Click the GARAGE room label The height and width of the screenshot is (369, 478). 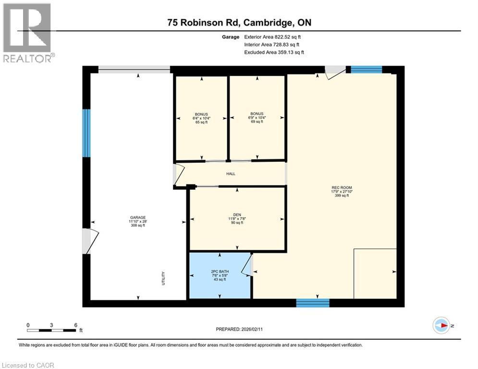click(137, 217)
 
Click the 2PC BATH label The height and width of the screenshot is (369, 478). click(220, 271)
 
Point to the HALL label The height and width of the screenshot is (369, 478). click(231, 173)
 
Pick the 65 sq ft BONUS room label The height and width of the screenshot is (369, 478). click(201, 114)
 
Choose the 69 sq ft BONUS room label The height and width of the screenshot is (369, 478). click(257, 114)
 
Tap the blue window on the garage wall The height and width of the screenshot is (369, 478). click(86, 133)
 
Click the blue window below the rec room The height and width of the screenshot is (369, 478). click(313, 303)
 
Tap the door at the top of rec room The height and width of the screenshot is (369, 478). click(335, 72)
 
